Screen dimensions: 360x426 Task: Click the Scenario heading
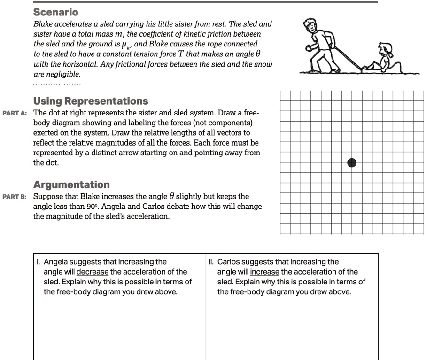(x=56, y=12)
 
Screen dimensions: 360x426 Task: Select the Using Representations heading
(x=91, y=101)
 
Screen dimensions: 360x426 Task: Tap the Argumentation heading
(x=71, y=184)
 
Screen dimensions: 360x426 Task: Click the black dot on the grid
(x=352, y=163)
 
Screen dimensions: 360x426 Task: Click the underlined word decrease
(x=93, y=272)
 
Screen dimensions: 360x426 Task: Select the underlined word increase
(x=264, y=272)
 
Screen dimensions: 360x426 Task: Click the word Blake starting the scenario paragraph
(x=43, y=23)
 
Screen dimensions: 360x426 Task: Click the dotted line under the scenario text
(x=57, y=85)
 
